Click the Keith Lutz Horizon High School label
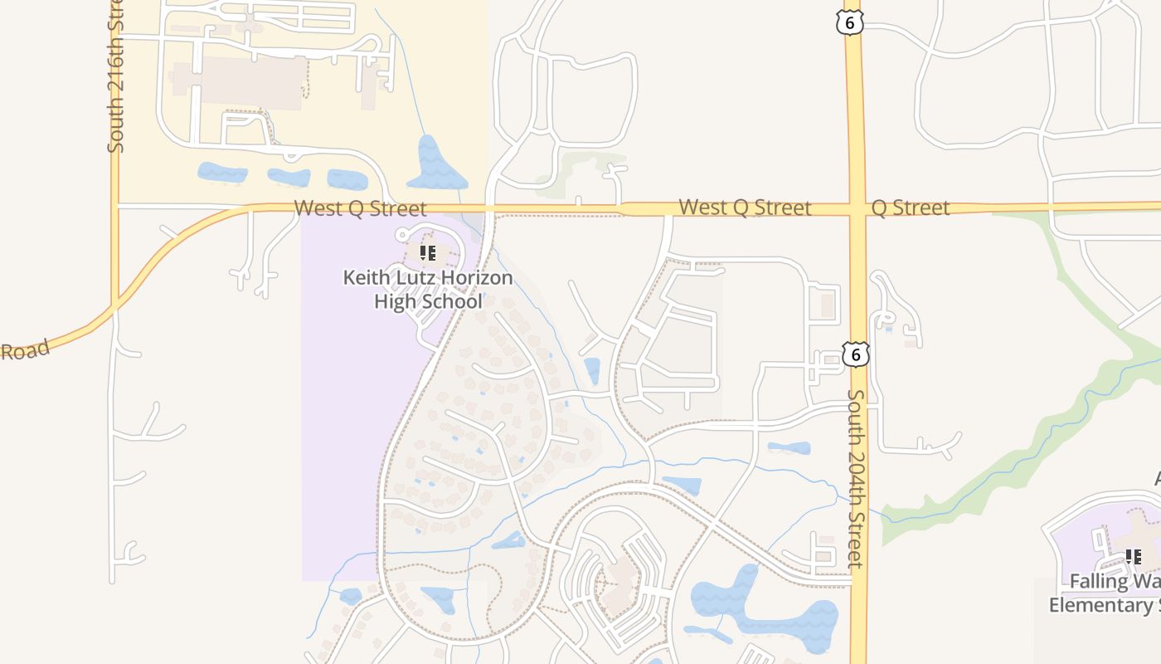(428, 289)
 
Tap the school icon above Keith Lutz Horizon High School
(428, 252)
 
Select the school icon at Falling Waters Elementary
(1133, 557)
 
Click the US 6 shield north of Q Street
(850, 22)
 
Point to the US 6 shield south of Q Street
(856, 355)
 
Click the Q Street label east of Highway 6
(911, 207)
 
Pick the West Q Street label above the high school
(360, 208)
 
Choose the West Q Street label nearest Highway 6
(744, 207)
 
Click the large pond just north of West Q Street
(434, 164)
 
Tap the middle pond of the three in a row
(289, 177)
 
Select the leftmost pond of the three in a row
(222, 173)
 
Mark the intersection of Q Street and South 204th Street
(856, 207)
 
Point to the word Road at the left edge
(25, 349)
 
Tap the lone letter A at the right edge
(1157, 479)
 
